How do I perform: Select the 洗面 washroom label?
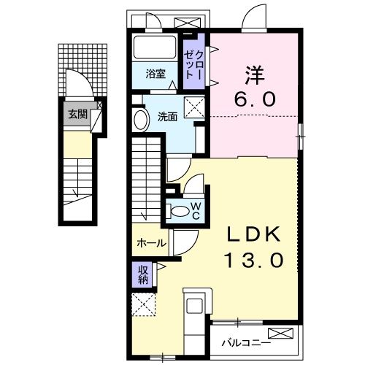click(x=166, y=117)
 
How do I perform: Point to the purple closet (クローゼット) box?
click(x=193, y=62)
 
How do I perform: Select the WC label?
click(x=196, y=210)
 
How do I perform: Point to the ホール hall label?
click(x=151, y=244)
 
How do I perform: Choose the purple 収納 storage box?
click(x=143, y=274)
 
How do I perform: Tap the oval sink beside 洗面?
click(x=141, y=118)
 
